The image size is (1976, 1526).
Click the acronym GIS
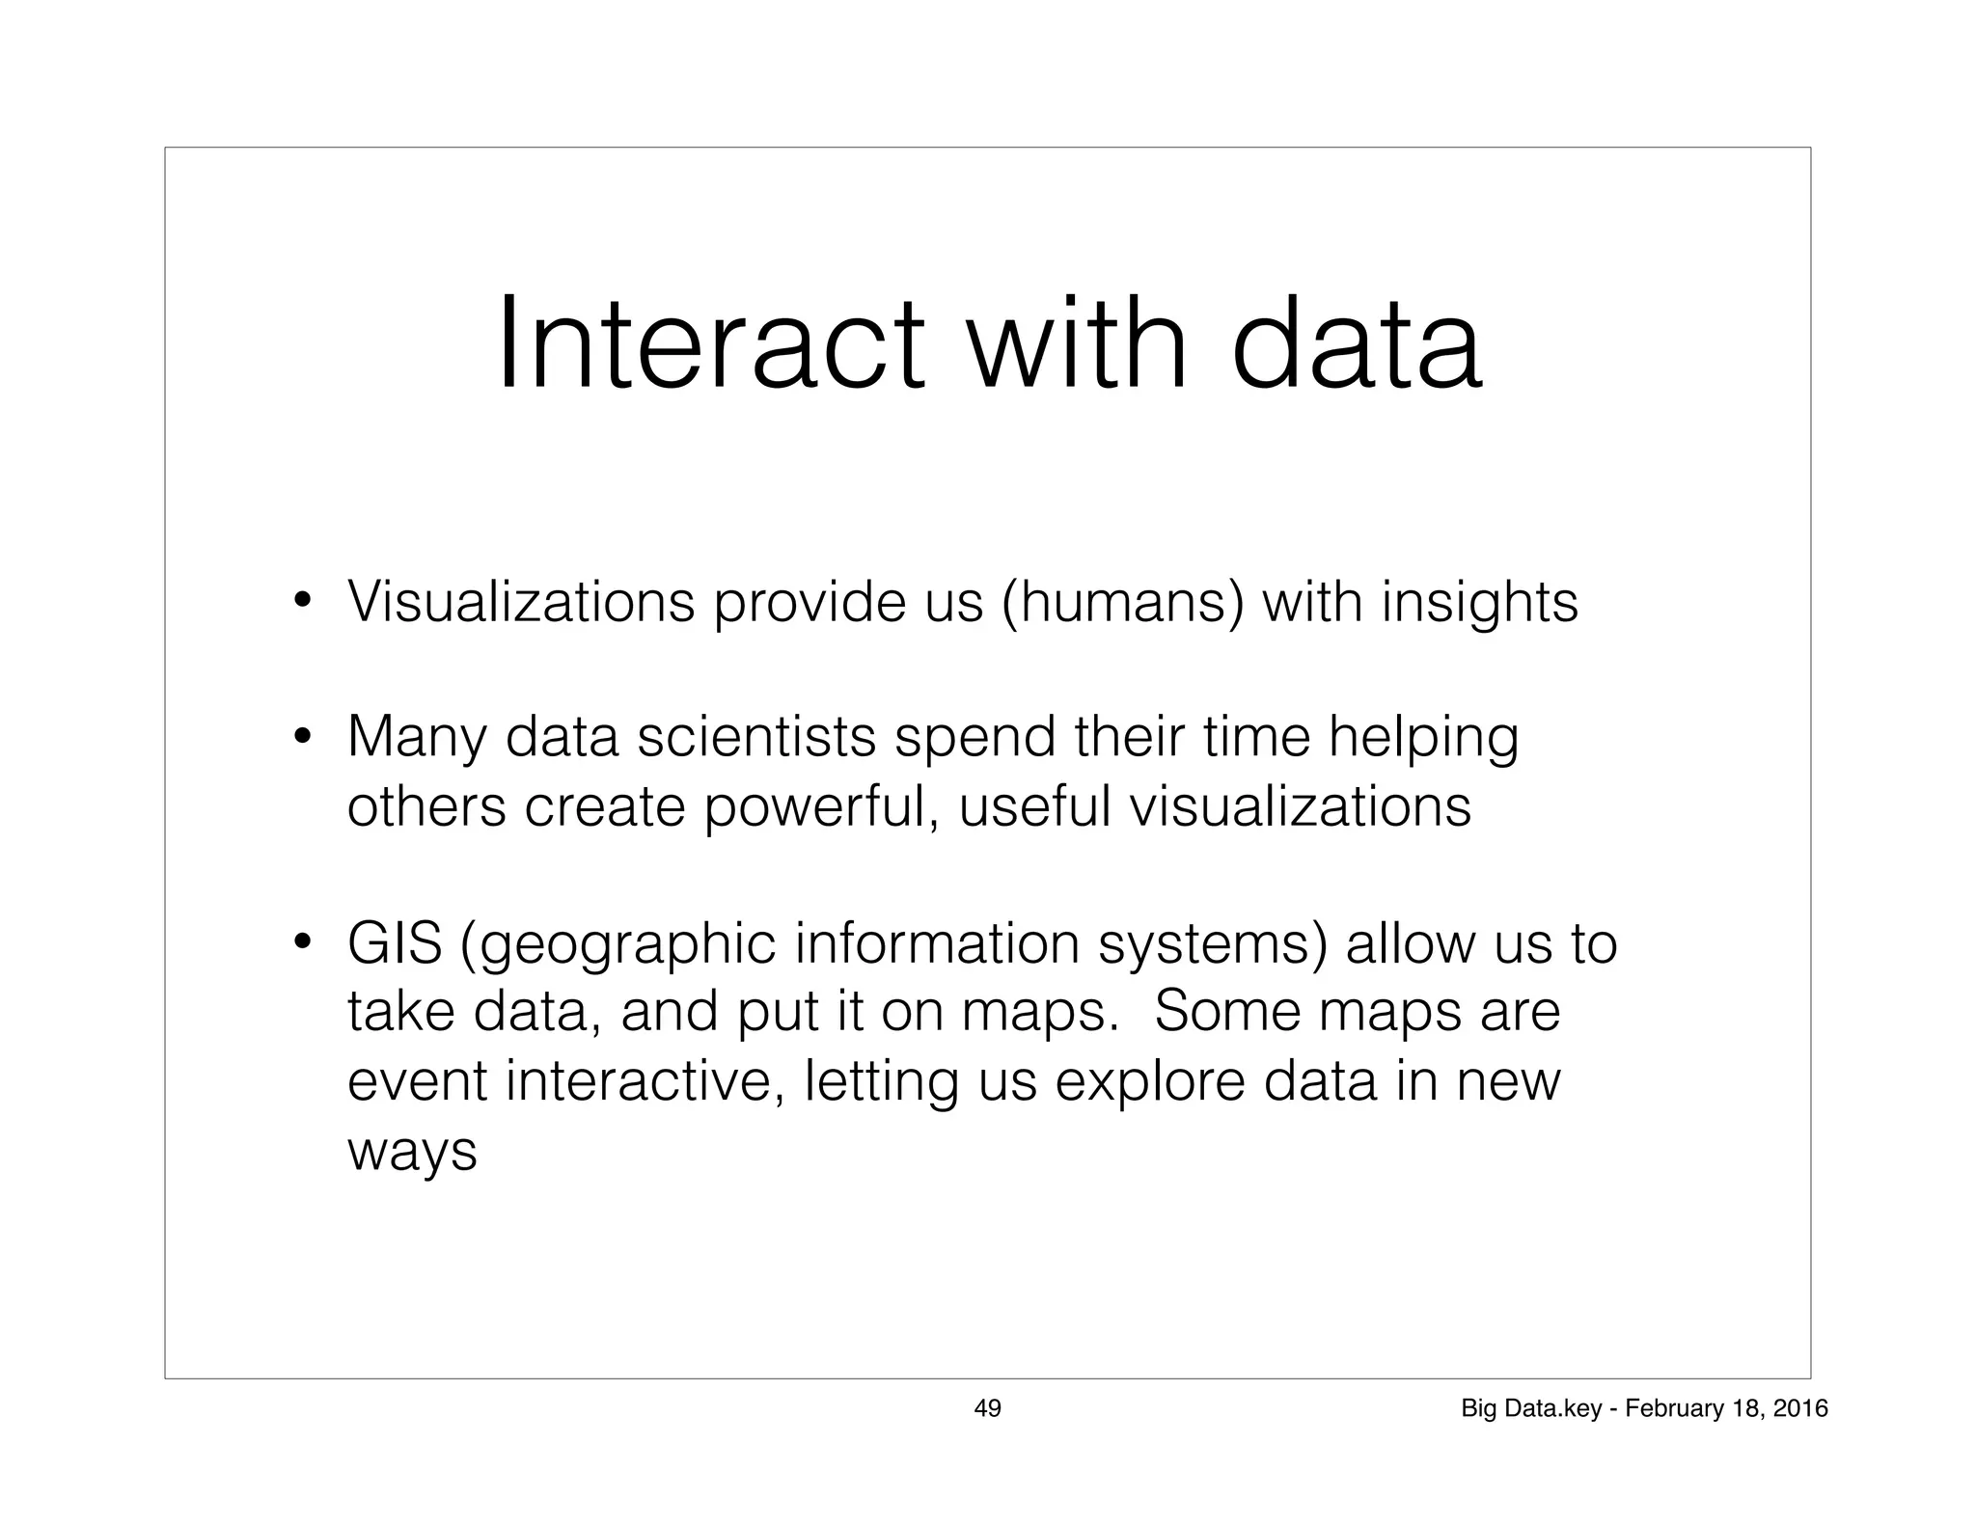tap(395, 944)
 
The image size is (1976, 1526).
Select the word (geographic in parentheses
tap(618, 946)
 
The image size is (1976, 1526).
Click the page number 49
tap(987, 1409)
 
